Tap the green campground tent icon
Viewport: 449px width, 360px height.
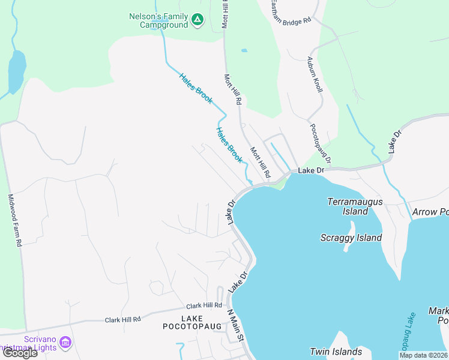[x=197, y=21]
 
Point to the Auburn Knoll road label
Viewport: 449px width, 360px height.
[x=315, y=74]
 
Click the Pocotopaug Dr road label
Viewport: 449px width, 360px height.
[x=321, y=143]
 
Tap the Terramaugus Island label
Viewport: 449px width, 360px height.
[x=355, y=206]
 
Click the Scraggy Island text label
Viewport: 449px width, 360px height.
[x=351, y=238]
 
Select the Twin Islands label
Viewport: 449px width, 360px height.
[x=336, y=352]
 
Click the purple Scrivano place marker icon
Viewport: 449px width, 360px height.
[x=66, y=343]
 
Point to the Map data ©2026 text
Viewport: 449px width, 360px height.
[x=423, y=355]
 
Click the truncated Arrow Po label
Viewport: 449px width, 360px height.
[x=430, y=212]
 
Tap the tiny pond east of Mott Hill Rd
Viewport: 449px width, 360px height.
[x=244, y=50]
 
